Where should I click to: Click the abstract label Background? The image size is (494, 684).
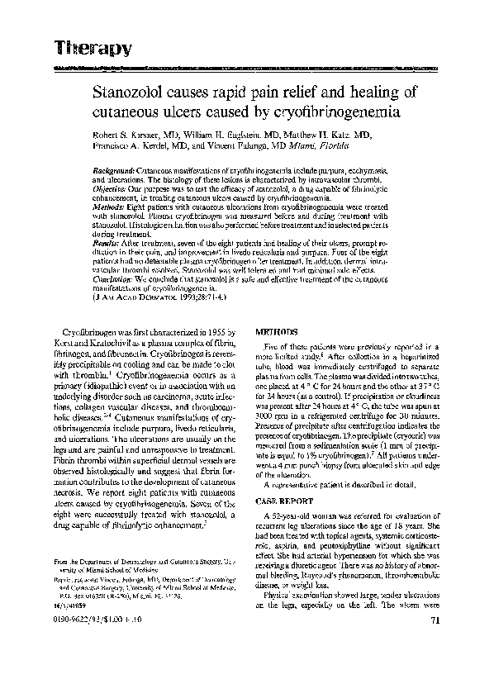(x=114, y=168)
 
